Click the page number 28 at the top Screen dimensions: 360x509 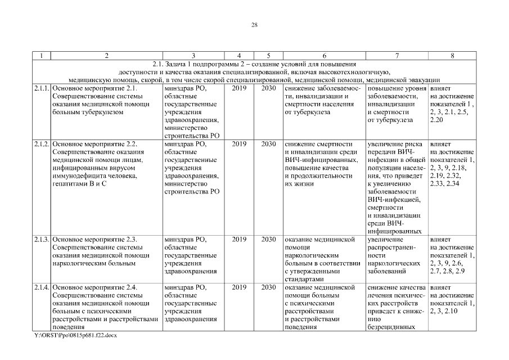254,25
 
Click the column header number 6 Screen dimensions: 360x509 324,56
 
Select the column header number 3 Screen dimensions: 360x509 193,56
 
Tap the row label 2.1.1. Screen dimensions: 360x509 42,88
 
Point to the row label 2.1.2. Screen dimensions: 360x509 42,144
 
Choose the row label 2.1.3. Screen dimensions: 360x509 42,239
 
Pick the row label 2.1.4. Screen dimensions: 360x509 42,287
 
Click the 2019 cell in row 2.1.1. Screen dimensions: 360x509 239,88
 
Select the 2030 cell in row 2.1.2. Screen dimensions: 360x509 268,144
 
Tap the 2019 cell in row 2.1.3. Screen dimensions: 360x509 239,239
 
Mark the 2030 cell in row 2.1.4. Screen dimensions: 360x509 268,287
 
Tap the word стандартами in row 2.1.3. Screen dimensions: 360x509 304,278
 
